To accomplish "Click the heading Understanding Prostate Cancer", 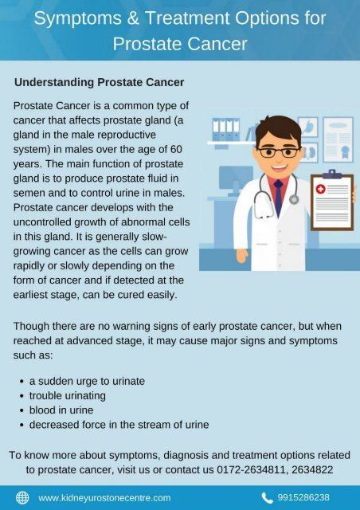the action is pyautogui.click(x=100, y=82).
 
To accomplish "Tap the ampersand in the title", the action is pyautogui.click(x=133, y=18).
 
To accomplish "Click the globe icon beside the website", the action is pyautogui.click(x=22, y=497).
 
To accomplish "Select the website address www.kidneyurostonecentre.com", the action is pyautogui.click(x=104, y=498).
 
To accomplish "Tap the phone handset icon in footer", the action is pyautogui.click(x=267, y=497).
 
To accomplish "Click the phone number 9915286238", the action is pyautogui.click(x=303, y=497).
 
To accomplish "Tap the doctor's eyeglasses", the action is pyautogui.click(x=279, y=152).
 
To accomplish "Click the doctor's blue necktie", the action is pyautogui.click(x=279, y=198).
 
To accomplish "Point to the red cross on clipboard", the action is pyautogui.click(x=321, y=189).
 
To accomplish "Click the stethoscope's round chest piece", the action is pyautogui.click(x=294, y=199).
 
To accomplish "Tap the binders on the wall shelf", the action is pyautogui.click(x=226, y=129).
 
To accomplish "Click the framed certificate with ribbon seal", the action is pyautogui.click(x=338, y=140).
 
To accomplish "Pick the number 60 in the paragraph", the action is pyautogui.click(x=176, y=149).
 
